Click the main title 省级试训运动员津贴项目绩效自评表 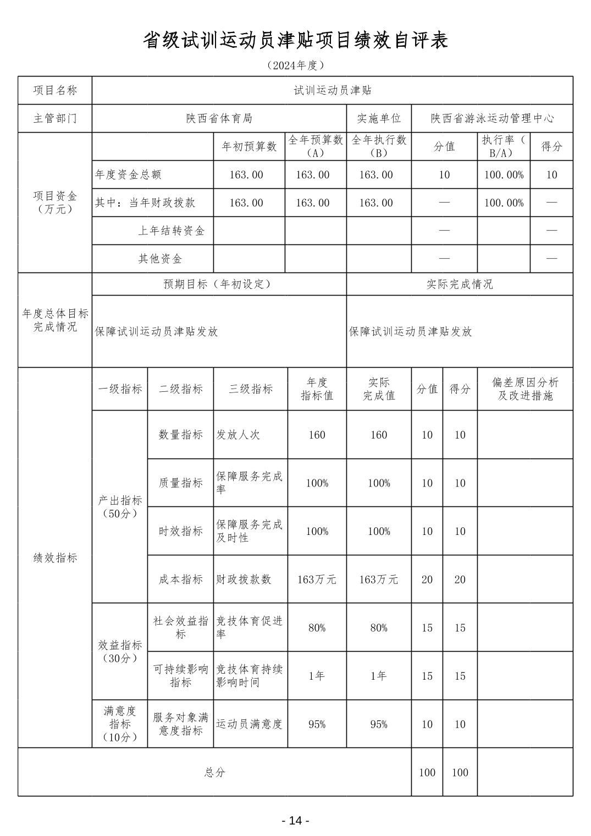click(295, 40)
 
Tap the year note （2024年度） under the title click(295, 65)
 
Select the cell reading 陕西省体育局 click(219, 118)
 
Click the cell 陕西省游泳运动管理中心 click(492, 118)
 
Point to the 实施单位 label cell click(379, 118)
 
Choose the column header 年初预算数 click(249, 146)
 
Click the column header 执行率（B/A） click(504, 146)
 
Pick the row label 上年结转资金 click(171, 231)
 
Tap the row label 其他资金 click(160, 259)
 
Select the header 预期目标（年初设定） click(219, 284)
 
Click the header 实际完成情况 click(460, 284)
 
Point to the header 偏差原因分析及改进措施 click(525, 389)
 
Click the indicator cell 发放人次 click(238, 435)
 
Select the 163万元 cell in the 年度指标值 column click(317, 580)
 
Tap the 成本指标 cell click(180, 580)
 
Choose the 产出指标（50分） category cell click(120, 507)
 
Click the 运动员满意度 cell click(249, 724)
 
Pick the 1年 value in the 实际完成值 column click(379, 676)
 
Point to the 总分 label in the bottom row click(214, 772)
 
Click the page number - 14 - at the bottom click(295, 821)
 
